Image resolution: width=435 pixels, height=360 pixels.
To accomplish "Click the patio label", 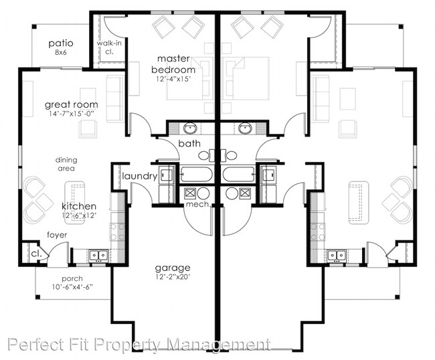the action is point(61,43).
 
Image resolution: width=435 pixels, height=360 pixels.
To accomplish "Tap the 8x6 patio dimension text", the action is point(60,52).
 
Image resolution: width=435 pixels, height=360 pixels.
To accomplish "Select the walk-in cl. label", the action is point(108,47).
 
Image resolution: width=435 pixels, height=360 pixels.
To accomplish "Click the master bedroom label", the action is point(173,64).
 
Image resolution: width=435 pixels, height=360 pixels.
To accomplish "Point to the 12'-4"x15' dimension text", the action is point(173,79).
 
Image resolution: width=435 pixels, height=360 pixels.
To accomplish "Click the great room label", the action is point(72,105).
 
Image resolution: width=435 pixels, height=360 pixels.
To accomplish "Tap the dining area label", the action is point(66,164).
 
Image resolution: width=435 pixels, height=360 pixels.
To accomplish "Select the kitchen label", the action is point(79,206).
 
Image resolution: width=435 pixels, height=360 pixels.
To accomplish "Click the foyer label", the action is point(57,235).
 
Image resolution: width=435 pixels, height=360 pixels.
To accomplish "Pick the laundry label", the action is point(140,176).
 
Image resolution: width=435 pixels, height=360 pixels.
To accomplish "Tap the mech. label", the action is point(198,204).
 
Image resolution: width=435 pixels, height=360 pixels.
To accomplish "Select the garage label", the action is point(173,268).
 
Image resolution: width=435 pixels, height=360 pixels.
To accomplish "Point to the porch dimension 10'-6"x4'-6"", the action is point(72,287).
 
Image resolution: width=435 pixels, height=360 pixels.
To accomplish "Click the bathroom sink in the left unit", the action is point(190,128).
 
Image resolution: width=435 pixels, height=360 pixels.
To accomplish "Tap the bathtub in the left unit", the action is point(196,175).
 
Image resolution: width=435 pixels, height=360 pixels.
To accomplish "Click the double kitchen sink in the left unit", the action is point(98,255).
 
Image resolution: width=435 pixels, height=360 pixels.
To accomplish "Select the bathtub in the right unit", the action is point(239,175).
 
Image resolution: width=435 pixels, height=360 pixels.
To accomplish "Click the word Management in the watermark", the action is point(220,345).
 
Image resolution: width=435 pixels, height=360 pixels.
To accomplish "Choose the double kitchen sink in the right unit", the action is point(337,255).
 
